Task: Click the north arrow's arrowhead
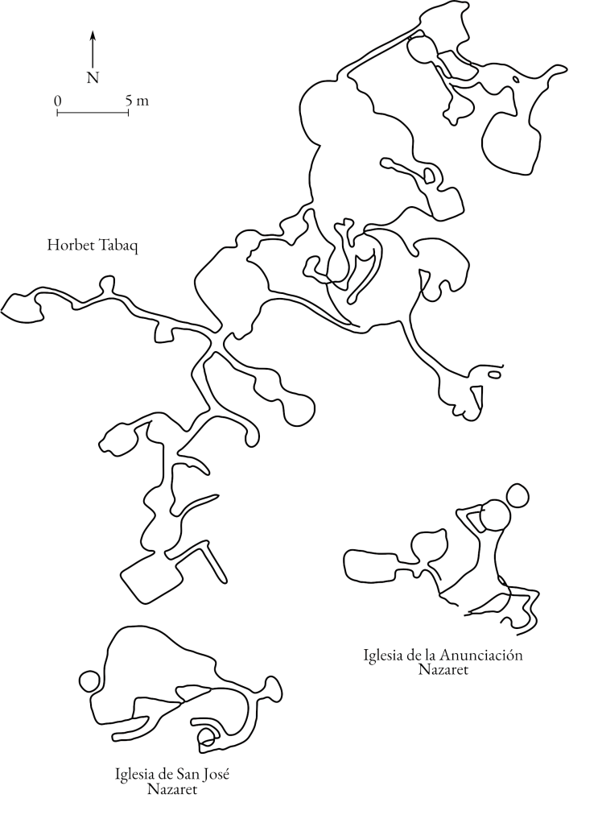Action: point(93,35)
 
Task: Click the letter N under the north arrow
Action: point(93,77)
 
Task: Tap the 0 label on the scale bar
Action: point(57,100)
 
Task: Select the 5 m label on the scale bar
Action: point(137,100)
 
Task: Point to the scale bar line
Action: point(93,112)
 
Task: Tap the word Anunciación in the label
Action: point(480,655)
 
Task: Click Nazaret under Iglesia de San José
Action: point(172,789)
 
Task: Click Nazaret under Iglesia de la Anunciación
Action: point(443,670)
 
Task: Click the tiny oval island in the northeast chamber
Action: point(516,80)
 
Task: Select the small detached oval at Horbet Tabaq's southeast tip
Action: point(494,374)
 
